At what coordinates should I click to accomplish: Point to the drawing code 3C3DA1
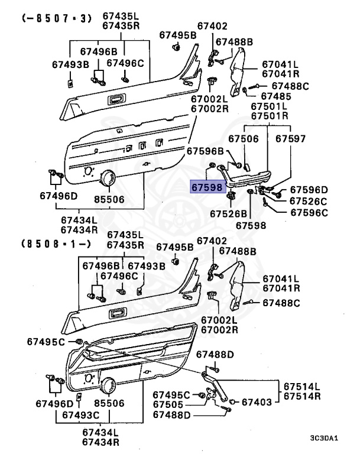325,438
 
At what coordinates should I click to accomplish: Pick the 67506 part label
244,138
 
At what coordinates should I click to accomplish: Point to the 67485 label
276,96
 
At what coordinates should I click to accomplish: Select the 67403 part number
256,402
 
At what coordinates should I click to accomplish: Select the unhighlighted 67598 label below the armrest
251,225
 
